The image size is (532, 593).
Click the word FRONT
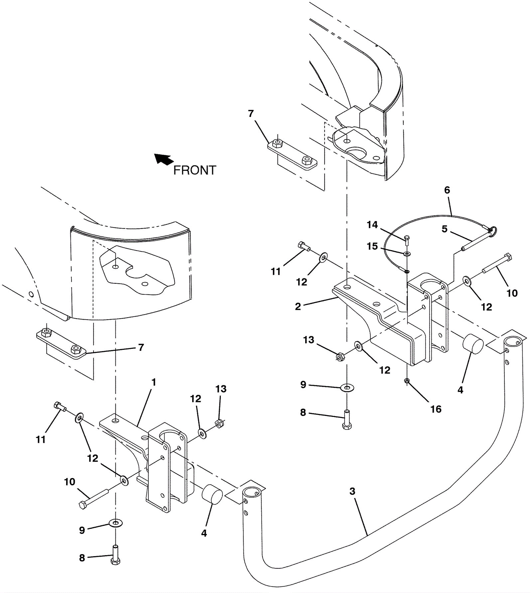pos(195,170)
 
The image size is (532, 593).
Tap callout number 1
pos(154,382)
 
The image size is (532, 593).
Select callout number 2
pos(298,306)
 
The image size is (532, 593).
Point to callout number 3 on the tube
pos(352,491)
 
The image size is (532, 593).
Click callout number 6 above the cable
pos(447,190)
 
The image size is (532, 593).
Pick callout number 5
pos(445,229)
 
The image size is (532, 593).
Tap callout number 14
pos(372,225)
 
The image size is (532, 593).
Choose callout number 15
pos(372,246)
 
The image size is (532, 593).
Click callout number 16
pos(436,409)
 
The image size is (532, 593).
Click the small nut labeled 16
pos(407,381)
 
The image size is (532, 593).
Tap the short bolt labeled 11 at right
pos(304,246)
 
